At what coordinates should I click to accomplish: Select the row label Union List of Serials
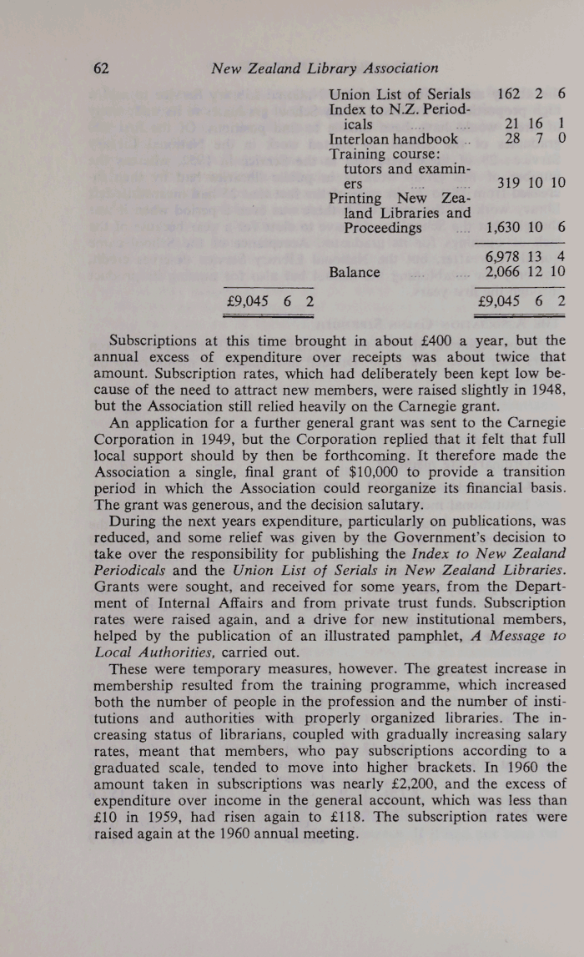point(400,94)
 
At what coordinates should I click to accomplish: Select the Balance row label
point(355,271)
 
